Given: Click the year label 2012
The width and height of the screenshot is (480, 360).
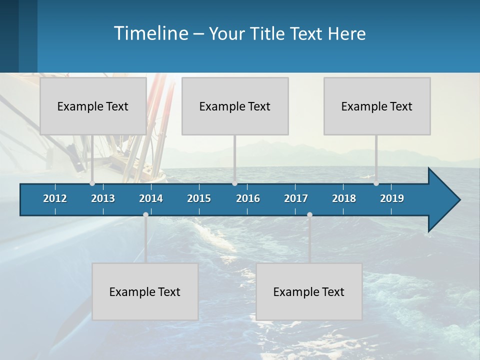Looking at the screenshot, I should [55, 198].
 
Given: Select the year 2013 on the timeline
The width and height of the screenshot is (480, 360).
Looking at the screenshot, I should [103, 198].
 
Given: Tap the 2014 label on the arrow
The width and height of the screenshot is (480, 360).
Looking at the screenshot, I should [151, 198].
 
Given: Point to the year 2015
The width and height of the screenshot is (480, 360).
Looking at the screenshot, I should [199, 198].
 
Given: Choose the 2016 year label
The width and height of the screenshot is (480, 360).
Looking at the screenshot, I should [248, 198].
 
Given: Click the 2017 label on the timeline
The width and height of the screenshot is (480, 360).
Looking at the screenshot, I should [296, 198].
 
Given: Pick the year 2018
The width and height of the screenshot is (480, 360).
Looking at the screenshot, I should [344, 198].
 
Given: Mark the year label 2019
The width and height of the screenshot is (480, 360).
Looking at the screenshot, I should [392, 198].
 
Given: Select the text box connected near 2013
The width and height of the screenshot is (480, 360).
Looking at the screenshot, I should [93, 106].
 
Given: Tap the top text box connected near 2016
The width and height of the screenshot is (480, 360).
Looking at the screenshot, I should [235, 106].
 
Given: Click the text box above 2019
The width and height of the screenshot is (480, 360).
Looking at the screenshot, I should [377, 106].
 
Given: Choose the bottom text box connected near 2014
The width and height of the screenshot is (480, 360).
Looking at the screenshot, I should [145, 291].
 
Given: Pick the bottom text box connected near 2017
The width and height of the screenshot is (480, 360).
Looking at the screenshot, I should [309, 291].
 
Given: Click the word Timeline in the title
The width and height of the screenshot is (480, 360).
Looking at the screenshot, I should [150, 33].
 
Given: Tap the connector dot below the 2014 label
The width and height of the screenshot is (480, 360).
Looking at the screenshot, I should [145, 214].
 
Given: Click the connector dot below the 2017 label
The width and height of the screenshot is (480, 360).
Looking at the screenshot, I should [309, 214].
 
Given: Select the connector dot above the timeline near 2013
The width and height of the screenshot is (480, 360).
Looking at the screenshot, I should [92, 183].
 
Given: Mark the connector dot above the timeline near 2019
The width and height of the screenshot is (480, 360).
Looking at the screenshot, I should [376, 183].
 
